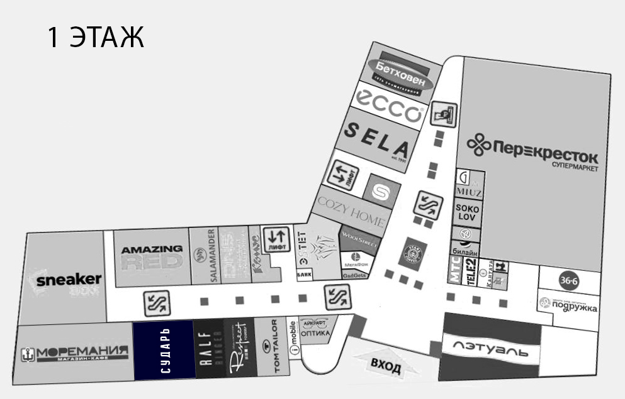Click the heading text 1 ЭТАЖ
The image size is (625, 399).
96,38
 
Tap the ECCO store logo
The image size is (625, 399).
388,105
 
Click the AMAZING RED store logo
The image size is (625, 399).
152,257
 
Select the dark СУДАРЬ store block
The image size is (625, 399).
163,350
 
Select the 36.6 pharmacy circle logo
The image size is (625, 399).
568,281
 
